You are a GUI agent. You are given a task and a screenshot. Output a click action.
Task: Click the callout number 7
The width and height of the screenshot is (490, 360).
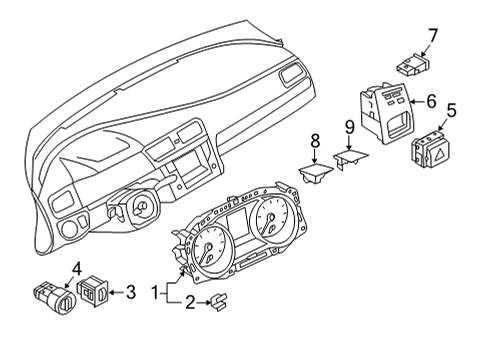coord(432,36)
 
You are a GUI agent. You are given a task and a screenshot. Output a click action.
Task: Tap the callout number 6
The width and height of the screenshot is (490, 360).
coord(431,101)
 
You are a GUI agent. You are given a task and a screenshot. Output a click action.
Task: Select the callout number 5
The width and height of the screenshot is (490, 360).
coord(451,110)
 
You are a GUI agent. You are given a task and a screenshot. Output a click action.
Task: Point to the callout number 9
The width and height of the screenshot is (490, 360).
coord(349,128)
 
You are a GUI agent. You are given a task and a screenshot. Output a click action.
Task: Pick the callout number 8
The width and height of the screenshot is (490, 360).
coord(315,141)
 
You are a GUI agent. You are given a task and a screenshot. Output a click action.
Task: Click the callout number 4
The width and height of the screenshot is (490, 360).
coord(76,269)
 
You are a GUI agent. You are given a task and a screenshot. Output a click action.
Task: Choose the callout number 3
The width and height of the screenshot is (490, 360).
coord(131,292)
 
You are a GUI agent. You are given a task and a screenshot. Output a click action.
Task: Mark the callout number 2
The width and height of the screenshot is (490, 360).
coord(190,303)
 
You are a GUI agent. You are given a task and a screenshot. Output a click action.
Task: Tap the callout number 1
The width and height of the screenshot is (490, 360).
coord(155,293)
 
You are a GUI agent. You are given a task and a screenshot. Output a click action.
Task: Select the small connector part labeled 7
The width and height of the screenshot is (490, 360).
coord(412,64)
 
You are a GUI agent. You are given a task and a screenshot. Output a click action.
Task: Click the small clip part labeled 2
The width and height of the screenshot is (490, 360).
coord(218,302)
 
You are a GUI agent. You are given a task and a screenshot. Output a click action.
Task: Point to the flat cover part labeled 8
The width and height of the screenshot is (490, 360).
coord(315,174)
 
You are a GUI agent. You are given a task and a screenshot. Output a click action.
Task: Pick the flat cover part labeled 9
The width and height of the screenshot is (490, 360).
coord(351,158)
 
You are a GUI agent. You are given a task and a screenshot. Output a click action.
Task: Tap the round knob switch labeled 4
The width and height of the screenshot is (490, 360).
coord(55,298)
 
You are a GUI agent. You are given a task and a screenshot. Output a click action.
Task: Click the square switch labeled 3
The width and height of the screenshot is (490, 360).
coord(92,291)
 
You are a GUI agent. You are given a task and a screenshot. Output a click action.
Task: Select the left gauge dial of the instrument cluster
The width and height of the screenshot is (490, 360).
coord(209,248)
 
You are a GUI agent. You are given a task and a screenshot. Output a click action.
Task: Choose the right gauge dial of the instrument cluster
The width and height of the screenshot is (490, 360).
coord(272,220)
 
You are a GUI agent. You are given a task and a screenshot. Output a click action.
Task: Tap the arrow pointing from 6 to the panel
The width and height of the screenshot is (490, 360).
coord(417,102)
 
